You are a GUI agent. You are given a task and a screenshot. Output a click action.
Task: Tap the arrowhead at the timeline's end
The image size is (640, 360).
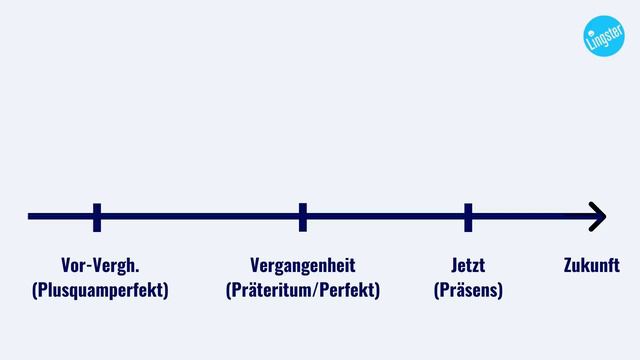pos(598,216)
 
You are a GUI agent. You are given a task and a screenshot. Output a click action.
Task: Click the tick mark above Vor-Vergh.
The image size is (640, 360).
pos(97,216)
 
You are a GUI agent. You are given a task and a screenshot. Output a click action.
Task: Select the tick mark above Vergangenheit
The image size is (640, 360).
pos(303,216)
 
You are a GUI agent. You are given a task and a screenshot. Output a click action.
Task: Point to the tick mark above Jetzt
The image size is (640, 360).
pos(468,216)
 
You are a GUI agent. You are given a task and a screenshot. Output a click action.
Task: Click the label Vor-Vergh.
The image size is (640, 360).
pos(100,266)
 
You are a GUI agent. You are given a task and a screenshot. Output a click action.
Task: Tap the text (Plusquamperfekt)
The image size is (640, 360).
pos(100,290)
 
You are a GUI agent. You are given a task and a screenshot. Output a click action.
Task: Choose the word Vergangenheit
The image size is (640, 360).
pos(303,266)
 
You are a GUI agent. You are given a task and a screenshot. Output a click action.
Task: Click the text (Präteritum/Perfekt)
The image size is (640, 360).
pos(303,290)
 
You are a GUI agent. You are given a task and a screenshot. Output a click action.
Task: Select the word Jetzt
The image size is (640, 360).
pos(468,266)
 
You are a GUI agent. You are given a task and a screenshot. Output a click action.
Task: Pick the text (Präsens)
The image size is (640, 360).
pos(468,290)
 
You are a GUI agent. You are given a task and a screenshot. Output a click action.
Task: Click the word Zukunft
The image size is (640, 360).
pos(592,266)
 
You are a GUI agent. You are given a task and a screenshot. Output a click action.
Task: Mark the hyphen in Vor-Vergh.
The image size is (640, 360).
pos(87,267)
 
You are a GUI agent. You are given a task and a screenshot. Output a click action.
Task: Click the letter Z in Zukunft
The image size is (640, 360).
pos(569,266)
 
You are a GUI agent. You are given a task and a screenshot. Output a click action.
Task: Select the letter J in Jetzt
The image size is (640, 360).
pos(454,266)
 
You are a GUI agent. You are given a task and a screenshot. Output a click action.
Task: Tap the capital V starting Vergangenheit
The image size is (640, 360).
pos(255,266)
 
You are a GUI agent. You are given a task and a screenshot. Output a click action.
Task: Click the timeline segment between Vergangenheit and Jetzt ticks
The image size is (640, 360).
pos(385,216)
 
